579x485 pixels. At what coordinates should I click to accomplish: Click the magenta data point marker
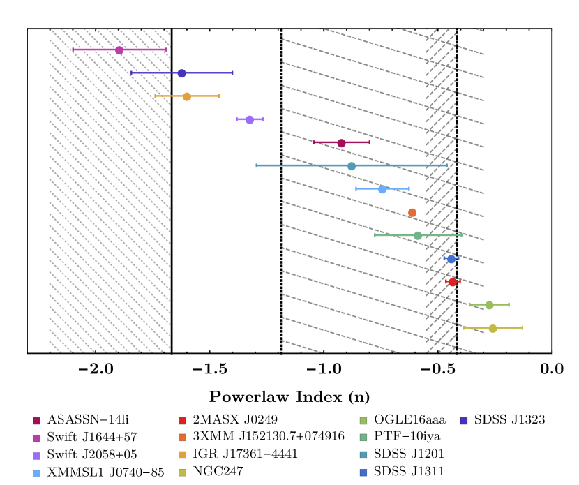point(119,50)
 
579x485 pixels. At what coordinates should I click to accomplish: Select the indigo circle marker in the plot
point(182,73)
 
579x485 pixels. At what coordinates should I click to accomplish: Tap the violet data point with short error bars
point(250,120)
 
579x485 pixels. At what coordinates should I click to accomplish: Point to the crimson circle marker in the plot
point(341,143)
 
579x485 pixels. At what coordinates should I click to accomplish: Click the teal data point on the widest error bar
point(352,166)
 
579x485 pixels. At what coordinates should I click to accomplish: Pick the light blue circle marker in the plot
point(382,189)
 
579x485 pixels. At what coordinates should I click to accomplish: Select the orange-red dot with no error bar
point(412,213)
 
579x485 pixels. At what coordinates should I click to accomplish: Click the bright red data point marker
point(452,282)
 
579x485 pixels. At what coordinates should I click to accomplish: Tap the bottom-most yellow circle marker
point(492,328)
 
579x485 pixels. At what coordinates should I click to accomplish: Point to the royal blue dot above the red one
point(451,259)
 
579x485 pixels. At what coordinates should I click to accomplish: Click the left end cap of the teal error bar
point(257,165)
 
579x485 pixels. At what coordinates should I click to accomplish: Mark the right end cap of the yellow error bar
point(522,328)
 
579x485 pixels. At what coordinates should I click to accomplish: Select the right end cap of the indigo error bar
point(232,73)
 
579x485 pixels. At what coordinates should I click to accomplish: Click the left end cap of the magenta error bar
point(73,50)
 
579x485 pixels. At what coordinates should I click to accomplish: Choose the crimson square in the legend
point(37,421)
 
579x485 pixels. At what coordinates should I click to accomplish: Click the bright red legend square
point(182,421)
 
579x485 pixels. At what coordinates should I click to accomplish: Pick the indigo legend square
point(464,421)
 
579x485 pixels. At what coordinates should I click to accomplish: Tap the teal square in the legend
point(363,455)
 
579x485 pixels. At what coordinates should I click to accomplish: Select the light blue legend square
point(37,473)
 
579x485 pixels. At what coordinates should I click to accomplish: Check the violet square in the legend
point(37,456)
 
